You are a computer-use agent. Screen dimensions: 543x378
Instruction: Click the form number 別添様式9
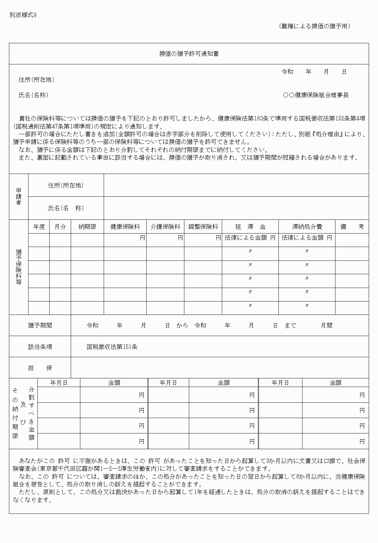[23, 15]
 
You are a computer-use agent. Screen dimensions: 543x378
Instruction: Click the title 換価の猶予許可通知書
[189, 54]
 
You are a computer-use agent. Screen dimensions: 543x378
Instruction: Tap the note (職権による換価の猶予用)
[314, 26]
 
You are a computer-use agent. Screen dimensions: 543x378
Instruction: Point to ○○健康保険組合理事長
[316, 95]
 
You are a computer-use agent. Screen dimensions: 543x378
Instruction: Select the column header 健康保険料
[125, 227]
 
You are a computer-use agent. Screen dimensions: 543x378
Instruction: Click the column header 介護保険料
[165, 227]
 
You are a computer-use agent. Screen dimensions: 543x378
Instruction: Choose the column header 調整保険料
[203, 227]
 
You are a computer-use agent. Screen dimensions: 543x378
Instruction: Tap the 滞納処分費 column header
[307, 227]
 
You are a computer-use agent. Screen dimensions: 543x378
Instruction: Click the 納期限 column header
[87, 227]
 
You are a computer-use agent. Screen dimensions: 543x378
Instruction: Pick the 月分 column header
[60, 227]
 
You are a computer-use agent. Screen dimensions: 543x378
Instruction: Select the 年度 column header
[39, 227]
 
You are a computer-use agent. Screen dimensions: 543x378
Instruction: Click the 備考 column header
[352, 227]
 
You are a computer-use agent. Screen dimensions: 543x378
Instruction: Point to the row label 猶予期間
[40, 325]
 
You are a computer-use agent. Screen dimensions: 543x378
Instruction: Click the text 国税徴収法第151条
[112, 347]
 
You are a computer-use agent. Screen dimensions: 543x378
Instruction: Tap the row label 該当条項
[40, 347]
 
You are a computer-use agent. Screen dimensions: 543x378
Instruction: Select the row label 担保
[40, 368]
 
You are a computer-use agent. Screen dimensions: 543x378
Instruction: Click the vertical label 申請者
[19, 197]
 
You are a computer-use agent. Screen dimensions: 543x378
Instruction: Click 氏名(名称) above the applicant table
[34, 95]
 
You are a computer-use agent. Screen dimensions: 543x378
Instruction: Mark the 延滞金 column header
[250, 227]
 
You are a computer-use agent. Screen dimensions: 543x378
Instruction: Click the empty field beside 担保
[220, 368]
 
